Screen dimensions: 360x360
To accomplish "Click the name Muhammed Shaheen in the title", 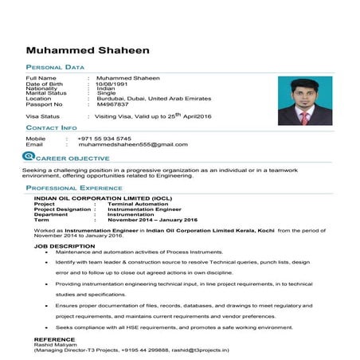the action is pyautogui.click(x=98, y=49).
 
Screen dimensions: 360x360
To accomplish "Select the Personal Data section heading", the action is pyautogui.click(x=55, y=68).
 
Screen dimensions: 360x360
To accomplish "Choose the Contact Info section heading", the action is pyautogui.click(x=52, y=127).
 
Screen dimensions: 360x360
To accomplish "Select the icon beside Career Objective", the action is pyautogui.click(x=29, y=158).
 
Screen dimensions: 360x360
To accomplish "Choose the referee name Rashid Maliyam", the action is pyautogui.click(x=56, y=344).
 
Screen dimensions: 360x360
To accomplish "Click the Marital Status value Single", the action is pyautogui.click(x=106, y=93).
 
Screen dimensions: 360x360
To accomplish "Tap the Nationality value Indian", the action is pyautogui.click(x=105, y=88).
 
